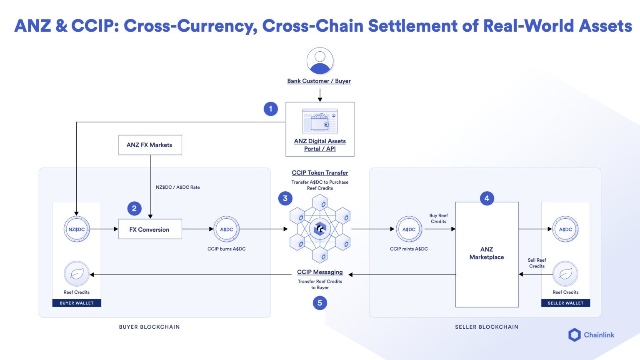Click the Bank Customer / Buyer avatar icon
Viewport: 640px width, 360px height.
(320, 61)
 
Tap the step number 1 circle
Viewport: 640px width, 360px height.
(270, 109)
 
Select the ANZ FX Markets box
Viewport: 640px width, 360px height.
(150, 145)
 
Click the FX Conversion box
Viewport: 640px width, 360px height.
(150, 229)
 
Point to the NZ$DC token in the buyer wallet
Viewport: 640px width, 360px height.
(77, 229)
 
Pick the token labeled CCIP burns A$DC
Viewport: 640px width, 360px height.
(226, 229)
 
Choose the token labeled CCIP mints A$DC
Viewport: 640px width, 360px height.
(409, 229)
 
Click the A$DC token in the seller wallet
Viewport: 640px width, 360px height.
(565, 229)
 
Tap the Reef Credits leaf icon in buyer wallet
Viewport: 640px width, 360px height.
(77, 274)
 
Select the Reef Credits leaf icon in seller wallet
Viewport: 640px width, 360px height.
(565, 274)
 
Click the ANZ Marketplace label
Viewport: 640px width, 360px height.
(487, 253)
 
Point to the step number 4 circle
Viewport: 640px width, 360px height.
(487, 198)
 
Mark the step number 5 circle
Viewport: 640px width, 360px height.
(320, 303)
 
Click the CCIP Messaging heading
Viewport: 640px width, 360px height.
(320, 272)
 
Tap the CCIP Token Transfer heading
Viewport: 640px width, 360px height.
(320, 172)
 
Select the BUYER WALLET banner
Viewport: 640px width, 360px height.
(77, 303)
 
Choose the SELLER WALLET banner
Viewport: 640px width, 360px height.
(565, 303)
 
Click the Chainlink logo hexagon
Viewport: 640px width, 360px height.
(575, 335)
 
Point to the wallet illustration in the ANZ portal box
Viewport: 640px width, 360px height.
(320, 122)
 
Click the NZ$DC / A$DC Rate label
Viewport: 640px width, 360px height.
(177, 187)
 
